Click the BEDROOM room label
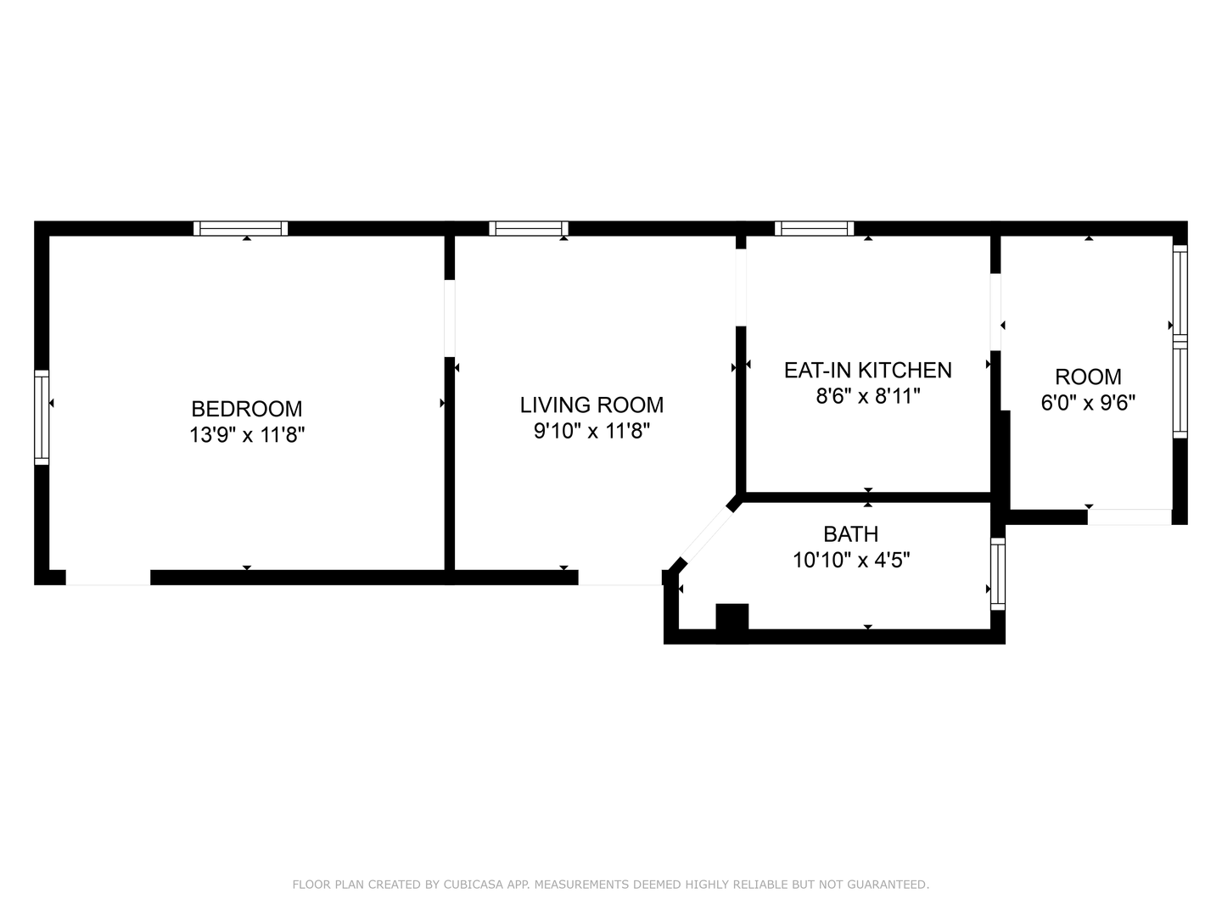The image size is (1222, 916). pos(246,409)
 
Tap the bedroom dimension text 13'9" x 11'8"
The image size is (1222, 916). pos(246,435)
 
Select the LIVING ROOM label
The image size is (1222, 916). pos(591,405)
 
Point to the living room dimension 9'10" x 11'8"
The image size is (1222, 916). pos(591,431)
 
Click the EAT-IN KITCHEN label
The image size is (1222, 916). pos(867,370)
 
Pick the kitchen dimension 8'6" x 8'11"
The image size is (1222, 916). pos(867,396)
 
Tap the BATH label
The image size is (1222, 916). pos(850,533)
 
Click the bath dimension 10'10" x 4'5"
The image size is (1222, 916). pos(850,560)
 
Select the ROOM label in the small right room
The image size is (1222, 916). pos(1088,377)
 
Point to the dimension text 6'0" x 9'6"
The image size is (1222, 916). pos(1088,402)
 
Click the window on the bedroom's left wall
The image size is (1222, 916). pos(42,417)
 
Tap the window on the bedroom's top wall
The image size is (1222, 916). pos(241,228)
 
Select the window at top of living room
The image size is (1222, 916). pos(529,228)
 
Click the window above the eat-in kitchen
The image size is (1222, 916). pos(815,228)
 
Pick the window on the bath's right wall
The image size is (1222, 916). pos(998,573)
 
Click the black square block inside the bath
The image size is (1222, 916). pos(732,617)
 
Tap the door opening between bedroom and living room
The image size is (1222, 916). pos(450,318)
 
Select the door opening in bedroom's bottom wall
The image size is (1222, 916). pos(108,578)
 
